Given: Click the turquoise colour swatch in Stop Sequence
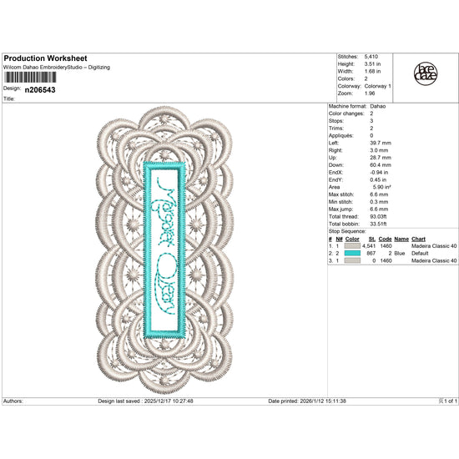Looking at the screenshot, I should (x=353, y=254).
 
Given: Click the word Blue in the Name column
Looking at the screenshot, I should (x=399, y=254).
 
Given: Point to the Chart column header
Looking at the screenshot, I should (x=419, y=239).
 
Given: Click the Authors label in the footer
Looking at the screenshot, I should (x=13, y=401).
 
